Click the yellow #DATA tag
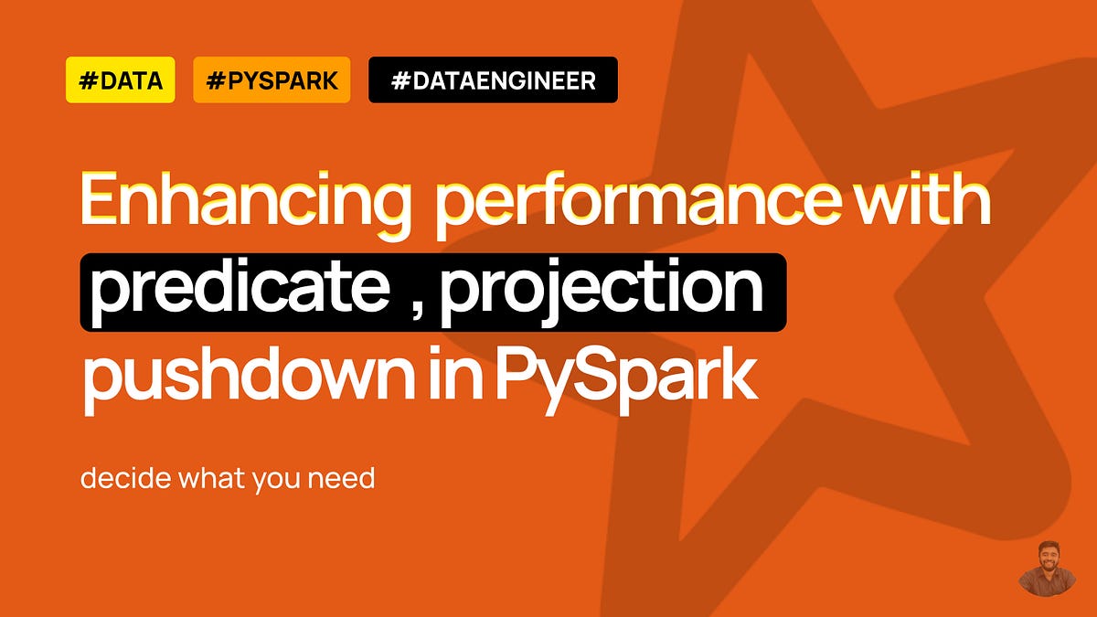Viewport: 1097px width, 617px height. tap(120, 80)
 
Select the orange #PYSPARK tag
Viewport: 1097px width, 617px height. tap(272, 80)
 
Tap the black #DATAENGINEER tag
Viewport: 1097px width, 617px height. tap(493, 80)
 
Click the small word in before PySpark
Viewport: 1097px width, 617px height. tap(466, 375)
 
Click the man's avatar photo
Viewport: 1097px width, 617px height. tap(1047, 569)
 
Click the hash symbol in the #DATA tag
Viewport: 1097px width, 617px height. tap(89, 80)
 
